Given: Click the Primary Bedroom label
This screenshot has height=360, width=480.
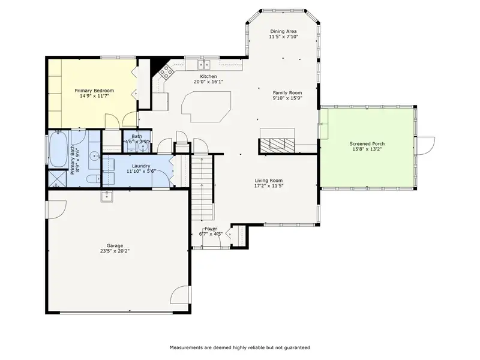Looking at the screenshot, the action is pyautogui.click(x=94, y=91).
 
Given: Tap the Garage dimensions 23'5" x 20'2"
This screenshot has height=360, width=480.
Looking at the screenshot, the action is pyautogui.click(x=115, y=251).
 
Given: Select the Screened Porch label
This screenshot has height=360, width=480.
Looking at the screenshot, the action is pyautogui.click(x=367, y=143).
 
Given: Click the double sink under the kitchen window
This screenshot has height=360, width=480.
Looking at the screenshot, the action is pyautogui.click(x=203, y=65).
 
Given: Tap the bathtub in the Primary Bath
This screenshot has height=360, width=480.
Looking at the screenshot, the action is pyautogui.click(x=58, y=149).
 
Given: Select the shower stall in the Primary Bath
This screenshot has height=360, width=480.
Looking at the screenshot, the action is pyautogui.click(x=57, y=178).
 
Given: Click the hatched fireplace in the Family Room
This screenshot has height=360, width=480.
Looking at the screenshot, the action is pyautogui.click(x=277, y=146).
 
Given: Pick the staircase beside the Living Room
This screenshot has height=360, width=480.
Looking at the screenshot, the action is pyautogui.click(x=202, y=187).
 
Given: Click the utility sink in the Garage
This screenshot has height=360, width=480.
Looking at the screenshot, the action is pyautogui.click(x=107, y=196).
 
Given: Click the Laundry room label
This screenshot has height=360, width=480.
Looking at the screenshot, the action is pyautogui.click(x=141, y=166).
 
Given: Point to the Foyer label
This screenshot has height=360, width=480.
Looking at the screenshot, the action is pyautogui.click(x=211, y=229).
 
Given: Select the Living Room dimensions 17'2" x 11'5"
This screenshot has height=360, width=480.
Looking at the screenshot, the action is pyautogui.click(x=268, y=186).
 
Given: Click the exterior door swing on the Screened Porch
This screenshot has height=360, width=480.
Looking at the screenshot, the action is pyautogui.click(x=426, y=146).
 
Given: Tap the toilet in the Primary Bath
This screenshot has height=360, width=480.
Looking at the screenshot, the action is pyautogui.click(x=92, y=178).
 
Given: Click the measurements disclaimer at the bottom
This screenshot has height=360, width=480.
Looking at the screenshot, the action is pyautogui.click(x=240, y=347).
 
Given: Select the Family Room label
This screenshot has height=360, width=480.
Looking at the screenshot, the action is pyautogui.click(x=287, y=93).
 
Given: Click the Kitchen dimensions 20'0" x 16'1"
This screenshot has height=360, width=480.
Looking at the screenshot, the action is pyautogui.click(x=208, y=82).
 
